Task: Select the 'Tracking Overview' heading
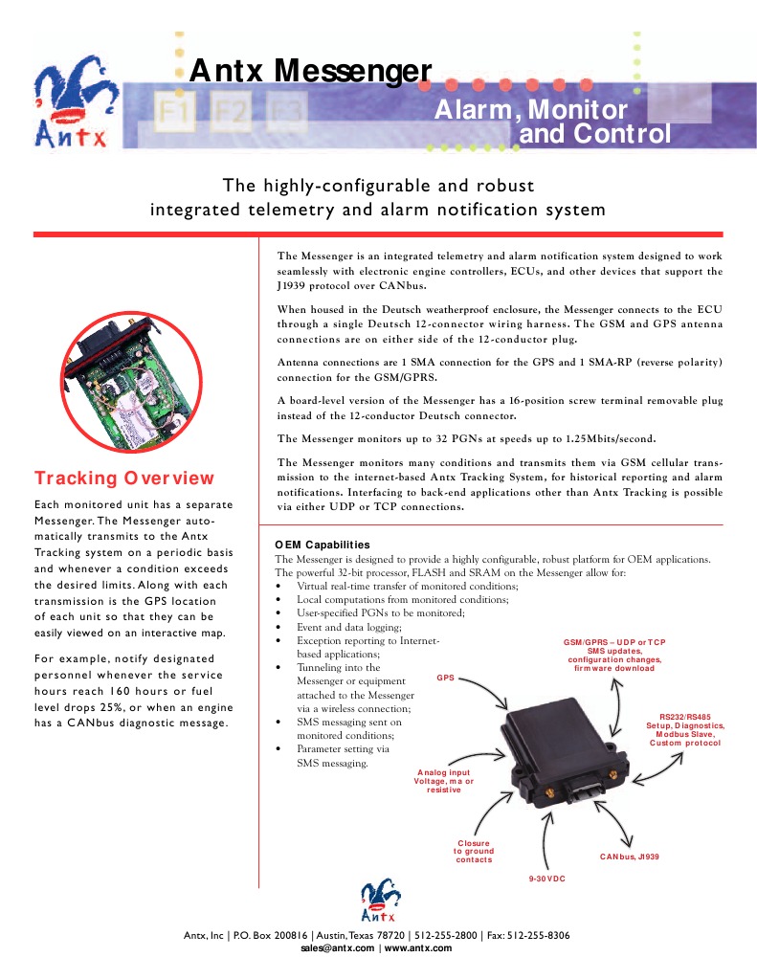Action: (x=124, y=478)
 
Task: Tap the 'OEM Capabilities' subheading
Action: (x=322, y=545)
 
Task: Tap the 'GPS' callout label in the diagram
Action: (x=445, y=677)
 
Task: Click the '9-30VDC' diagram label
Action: (x=547, y=877)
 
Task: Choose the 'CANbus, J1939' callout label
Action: (x=629, y=856)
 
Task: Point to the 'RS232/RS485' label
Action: (x=685, y=716)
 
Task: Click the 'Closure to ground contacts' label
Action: (x=474, y=851)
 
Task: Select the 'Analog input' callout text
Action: (x=443, y=771)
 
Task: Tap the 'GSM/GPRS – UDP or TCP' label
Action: (x=614, y=640)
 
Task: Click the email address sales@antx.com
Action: (x=337, y=947)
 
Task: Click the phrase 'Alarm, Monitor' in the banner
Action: (x=531, y=111)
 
